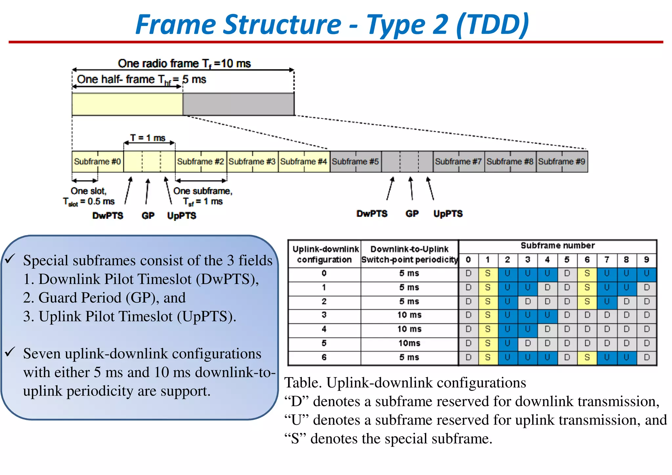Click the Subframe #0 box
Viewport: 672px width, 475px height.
97,162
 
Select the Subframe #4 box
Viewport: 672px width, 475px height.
304,162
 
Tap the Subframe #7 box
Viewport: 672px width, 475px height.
458,162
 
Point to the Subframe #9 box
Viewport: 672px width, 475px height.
562,162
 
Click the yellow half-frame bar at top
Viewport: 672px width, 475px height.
127,104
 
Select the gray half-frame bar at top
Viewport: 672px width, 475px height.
239,104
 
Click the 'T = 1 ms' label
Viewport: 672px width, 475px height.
148,138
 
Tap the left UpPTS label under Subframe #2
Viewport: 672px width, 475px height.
181,216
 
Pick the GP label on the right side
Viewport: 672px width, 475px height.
412,214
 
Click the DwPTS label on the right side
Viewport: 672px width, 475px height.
372,214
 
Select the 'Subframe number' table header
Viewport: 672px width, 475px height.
557,246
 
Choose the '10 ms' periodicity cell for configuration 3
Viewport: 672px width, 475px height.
409,315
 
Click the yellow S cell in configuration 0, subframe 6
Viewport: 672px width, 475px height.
587,273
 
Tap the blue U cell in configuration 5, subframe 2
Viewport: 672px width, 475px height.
507,343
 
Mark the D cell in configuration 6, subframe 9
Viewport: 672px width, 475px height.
646,357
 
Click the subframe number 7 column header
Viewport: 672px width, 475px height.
607,260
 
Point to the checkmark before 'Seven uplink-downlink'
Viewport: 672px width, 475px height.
10,352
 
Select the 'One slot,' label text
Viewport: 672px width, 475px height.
89,191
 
